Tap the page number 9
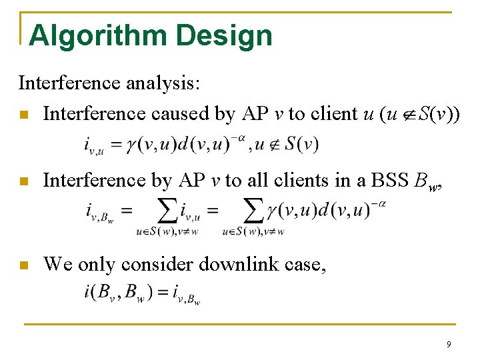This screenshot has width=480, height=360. coord(449,345)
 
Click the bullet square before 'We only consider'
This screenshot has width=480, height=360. coord(25,265)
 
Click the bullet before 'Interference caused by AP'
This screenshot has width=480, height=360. coord(25,115)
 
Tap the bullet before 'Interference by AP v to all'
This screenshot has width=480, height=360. coord(25,181)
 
